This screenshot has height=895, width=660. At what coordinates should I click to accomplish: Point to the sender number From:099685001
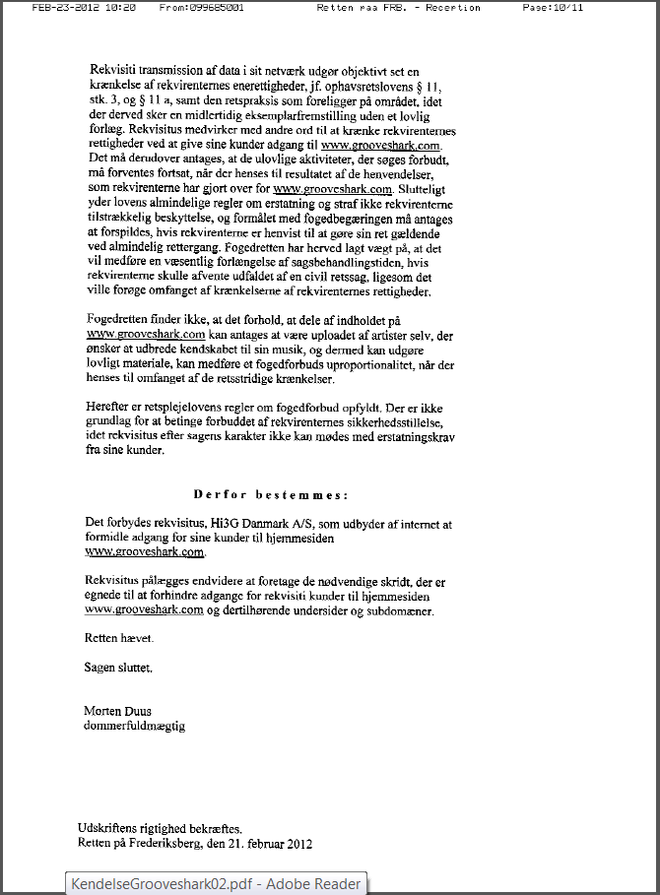coord(202,7)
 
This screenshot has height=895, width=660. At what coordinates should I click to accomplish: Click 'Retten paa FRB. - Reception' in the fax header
coord(399,7)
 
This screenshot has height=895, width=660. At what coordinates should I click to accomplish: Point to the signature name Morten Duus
coord(118,711)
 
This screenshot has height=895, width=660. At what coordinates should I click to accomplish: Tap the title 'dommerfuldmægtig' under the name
coord(136,727)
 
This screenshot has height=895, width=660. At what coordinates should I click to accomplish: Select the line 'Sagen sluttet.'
coord(119,668)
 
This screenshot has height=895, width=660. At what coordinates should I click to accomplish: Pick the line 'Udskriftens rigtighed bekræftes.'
coord(160,828)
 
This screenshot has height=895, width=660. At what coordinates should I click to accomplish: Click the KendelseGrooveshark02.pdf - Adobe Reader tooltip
coord(216,883)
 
